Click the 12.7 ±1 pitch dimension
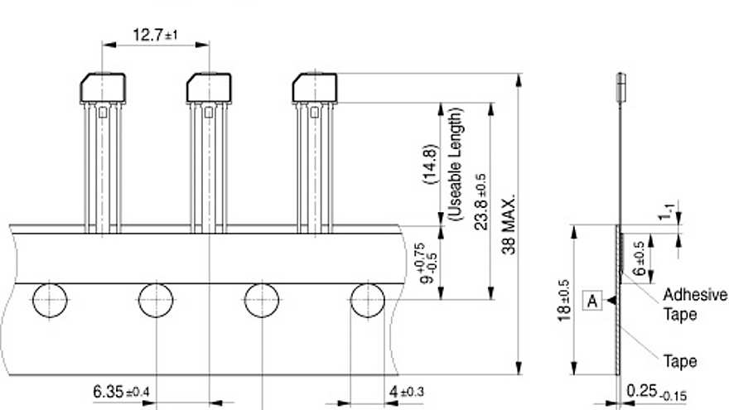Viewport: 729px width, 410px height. (x=155, y=35)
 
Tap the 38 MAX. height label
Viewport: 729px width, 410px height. (x=509, y=224)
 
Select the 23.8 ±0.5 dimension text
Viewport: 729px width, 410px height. (x=480, y=202)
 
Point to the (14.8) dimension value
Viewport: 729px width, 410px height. (x=431, y=164)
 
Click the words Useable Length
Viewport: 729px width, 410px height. (x=455, y=164)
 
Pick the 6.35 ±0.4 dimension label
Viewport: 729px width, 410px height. (x=121, y=392)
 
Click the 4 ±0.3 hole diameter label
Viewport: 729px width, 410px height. (x=407, y=392)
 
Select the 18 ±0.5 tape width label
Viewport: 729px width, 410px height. (x=563, y=301)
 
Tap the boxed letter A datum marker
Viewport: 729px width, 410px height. (x=591, y=301)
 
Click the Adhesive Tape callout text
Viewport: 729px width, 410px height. (x=694, y=305)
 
